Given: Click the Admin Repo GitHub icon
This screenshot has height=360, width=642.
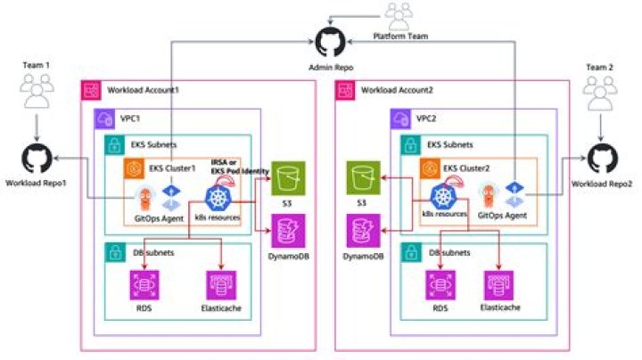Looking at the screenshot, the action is [x=331, y=42].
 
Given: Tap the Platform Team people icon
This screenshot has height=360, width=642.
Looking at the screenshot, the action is [x=399, y=16].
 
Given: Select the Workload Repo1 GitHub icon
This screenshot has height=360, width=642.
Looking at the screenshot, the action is [x=37, y=159].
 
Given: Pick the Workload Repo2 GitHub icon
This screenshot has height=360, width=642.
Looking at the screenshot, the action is [x=603, y=159].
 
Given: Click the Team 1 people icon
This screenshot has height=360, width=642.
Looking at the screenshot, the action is [x=37, y=91].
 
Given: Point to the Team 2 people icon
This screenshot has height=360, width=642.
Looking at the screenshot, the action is [x=600, y=94].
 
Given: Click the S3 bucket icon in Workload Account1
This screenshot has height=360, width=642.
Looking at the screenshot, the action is [x=288, y=178].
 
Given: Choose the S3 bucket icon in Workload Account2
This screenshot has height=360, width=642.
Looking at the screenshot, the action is [x=363, y=178].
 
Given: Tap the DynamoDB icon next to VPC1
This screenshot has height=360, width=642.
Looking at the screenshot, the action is [x=288, y=231].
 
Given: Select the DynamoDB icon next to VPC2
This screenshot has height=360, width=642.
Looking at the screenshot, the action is [x=363, y=231].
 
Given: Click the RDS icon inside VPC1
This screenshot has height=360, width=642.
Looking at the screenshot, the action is [x=144, y=285].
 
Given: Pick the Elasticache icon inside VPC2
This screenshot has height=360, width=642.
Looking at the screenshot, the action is [x=498, y=285].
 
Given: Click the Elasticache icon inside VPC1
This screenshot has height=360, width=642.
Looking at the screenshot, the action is [x=221, y=285].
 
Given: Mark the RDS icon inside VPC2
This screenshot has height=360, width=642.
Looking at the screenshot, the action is [x=440, y=285].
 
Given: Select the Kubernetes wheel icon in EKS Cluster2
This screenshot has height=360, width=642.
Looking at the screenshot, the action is [x=443, y=197].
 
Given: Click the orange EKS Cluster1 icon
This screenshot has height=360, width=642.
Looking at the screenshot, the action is [x=134, y=168].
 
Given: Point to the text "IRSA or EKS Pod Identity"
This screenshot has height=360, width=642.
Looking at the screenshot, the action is [x=240, y=167].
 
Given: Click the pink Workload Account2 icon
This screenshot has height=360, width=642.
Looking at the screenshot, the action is [x=345, y=90].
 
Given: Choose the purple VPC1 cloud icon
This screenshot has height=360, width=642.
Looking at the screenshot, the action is [x=104, y=119].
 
